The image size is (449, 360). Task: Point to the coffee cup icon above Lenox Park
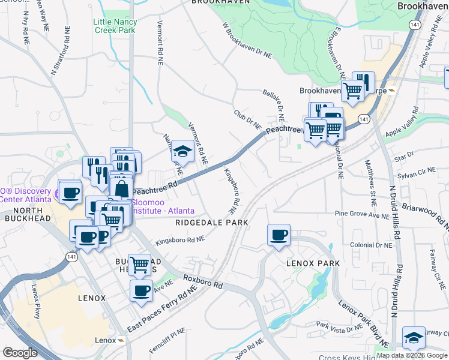click(279, 235)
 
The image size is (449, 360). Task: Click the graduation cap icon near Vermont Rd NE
click(183, 151)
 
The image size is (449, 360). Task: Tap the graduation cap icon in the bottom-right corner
click(413, 338)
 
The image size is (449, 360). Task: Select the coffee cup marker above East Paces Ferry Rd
click(141, 291)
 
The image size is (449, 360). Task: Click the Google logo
click(20, 353)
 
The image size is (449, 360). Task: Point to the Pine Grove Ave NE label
click(363, 214)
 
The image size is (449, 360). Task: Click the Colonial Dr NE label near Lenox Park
click(372, 245)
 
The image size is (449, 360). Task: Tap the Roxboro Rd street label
click(202, 282)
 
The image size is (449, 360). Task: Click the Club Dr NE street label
click(247, 119)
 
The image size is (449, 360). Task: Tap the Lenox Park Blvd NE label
click(361, 316)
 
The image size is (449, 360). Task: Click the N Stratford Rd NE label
click(61, 50)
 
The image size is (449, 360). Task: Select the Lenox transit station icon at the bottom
click(121, 340)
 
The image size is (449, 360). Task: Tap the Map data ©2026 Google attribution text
click(412, 355)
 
